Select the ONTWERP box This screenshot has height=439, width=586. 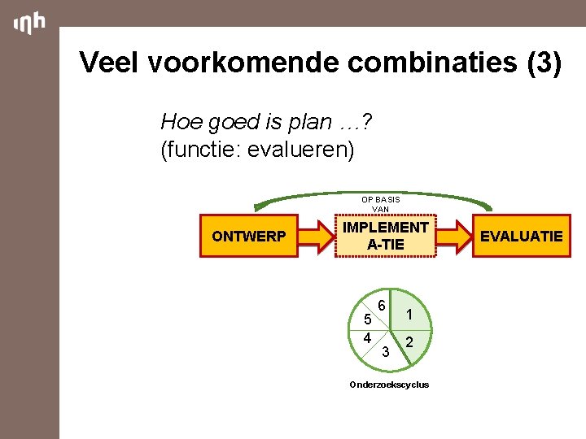tap(249, 237)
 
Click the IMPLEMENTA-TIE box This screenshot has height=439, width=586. tap(386, 236)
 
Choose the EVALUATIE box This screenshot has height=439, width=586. tap(521, 237)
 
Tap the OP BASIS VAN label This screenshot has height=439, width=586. tap(380, 204)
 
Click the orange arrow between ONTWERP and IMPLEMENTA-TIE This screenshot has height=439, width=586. tap(317, 237)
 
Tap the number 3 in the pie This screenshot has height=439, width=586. tap(386, 350)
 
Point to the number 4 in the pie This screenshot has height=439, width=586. tap(368, 337)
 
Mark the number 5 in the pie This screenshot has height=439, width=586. tap(368, 319)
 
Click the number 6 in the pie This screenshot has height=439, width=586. tap(380, 300)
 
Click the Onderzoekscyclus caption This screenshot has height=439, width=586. tap(389, 385)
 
